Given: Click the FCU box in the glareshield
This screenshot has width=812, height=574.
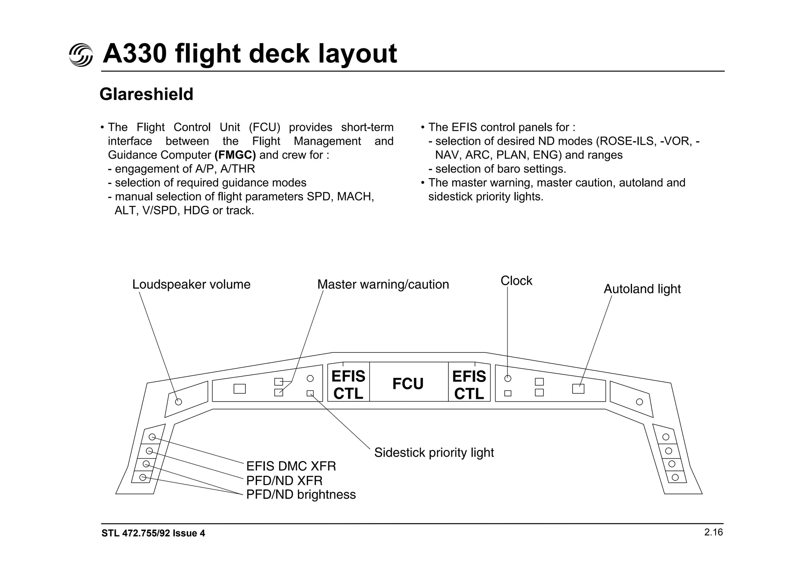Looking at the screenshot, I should [408, 383].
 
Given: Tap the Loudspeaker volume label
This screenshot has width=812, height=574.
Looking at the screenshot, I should [191, 284].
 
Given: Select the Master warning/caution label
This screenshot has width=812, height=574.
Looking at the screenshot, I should [383, 284].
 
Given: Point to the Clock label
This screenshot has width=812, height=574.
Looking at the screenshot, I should [516, 281].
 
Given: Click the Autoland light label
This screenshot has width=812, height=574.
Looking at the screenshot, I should [642, 289].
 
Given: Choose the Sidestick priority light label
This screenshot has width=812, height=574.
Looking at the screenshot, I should [434, 452].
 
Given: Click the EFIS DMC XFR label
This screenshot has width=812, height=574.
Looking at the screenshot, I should [291, 466].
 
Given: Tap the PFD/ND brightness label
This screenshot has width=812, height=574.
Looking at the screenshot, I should [301, 495].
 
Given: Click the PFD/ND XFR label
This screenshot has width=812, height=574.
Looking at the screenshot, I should [284, 480].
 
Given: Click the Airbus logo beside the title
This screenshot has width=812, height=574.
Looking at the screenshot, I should [81, 55].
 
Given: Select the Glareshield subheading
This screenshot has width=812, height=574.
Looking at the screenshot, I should [146, 94].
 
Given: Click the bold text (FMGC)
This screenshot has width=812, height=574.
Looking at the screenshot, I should [235, 155].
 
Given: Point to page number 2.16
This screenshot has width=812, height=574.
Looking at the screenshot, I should [713, 532].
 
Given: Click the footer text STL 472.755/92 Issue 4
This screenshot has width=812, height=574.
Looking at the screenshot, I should [153, 533].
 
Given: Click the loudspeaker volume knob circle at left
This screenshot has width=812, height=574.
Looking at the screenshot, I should [178, 402].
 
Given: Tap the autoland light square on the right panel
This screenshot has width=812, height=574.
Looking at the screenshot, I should [578, 388].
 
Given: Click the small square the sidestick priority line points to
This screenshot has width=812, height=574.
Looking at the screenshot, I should [310, 393].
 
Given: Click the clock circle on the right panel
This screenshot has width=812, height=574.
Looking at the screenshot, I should [507, 379].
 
